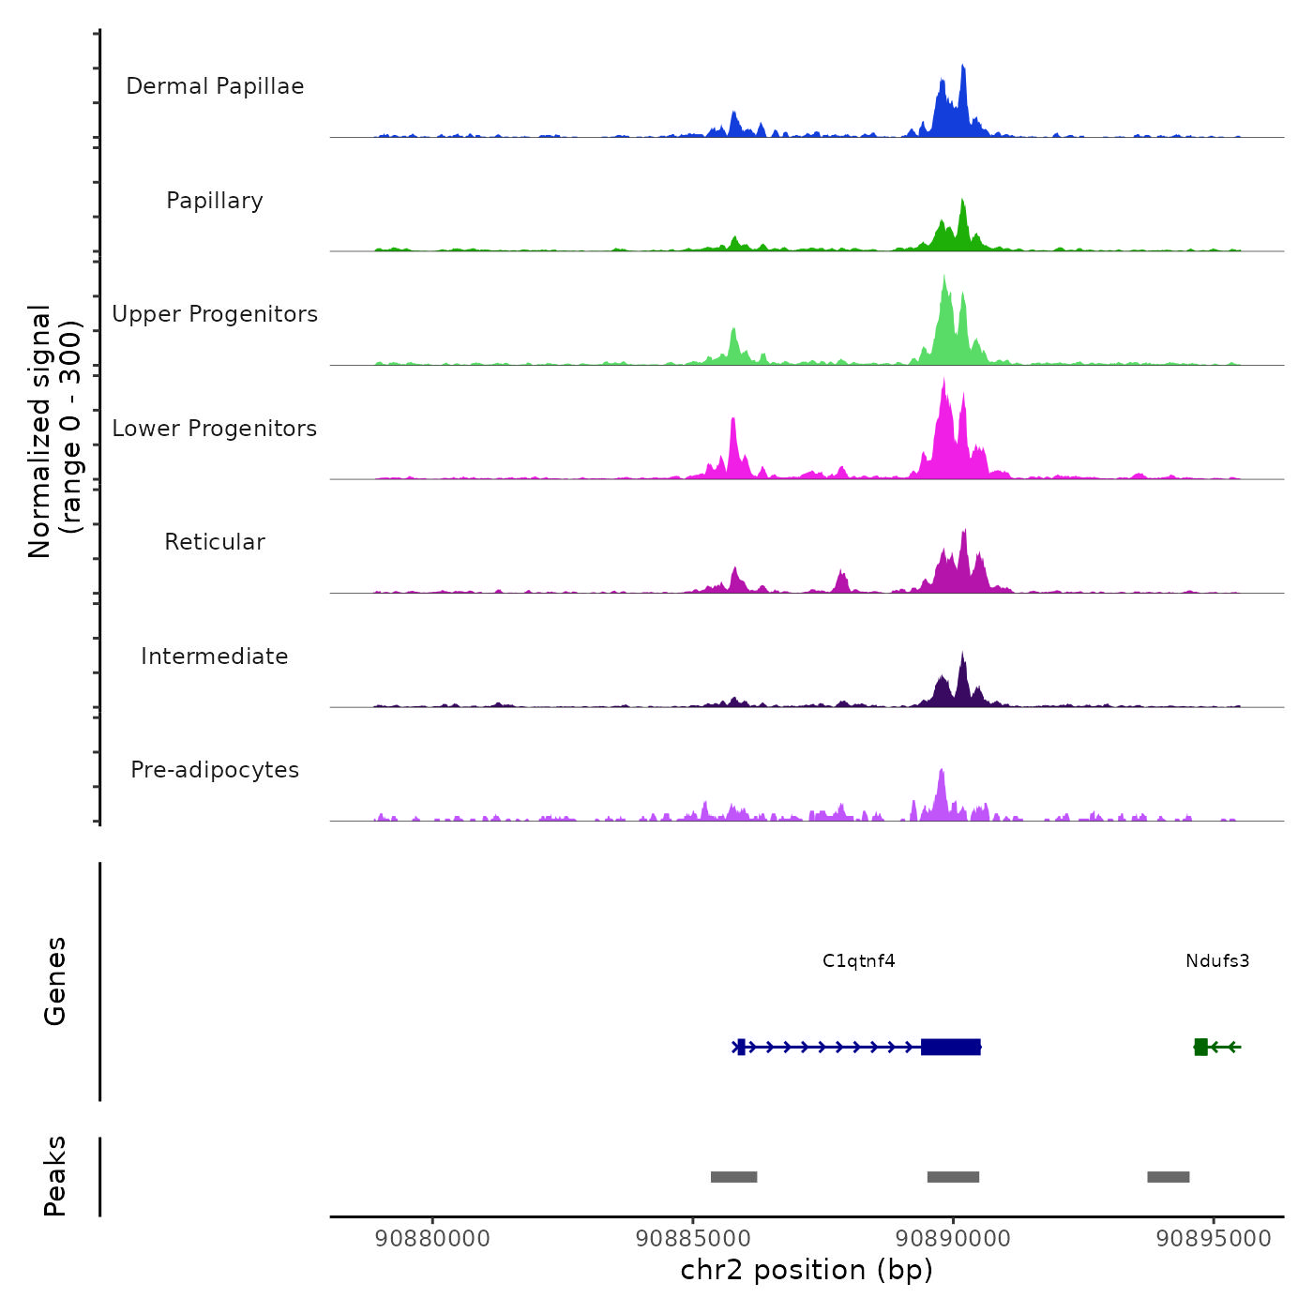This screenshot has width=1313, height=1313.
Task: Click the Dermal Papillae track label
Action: pyautogui.click(x=215, y=86)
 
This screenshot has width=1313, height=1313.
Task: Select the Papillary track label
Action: pyautogui.click(x=215, y=201)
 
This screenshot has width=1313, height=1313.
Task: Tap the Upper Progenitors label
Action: pyautogui.click(x=215, y=314)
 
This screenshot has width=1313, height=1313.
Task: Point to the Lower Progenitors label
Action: pyautogui.click(x=215, y=429)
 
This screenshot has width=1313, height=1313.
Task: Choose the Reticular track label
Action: pyautogui.click(x=215, y=542)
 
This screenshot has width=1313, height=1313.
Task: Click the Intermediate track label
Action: pyautogui.click(x=215, y=656)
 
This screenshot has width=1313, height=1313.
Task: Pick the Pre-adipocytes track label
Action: pyautogui.click(x=215, y=770)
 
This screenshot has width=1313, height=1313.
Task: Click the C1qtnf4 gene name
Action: pyautogui.click(x=858, y=961)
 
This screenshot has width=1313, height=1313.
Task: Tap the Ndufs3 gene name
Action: pyautogui.click(x=1217, y=961)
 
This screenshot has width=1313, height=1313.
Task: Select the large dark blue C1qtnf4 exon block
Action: pyautogui.click(x=951, y=1047)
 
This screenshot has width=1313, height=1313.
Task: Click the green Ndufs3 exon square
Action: pyautogui.click(x=1200, y=1047)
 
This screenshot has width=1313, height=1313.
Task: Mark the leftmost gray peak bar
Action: pyautogui.click(x=733, y=1177)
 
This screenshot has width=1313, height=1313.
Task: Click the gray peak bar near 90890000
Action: pyautogui.click(x=953, y=1177)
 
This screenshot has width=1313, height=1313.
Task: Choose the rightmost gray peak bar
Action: pyautogui.click(x=1168, y=1177)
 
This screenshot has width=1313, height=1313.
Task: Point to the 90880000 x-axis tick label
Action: pyautogui.click(x=432, y=1238)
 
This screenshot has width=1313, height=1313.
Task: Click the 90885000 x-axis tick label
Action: pyautogui.click(x=693, y=1238)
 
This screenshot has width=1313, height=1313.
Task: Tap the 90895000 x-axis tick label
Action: pyautogui.click(x=1214, y=1238)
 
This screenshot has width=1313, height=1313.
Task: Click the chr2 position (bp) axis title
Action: pyautogui.click(x=807, y=1270)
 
